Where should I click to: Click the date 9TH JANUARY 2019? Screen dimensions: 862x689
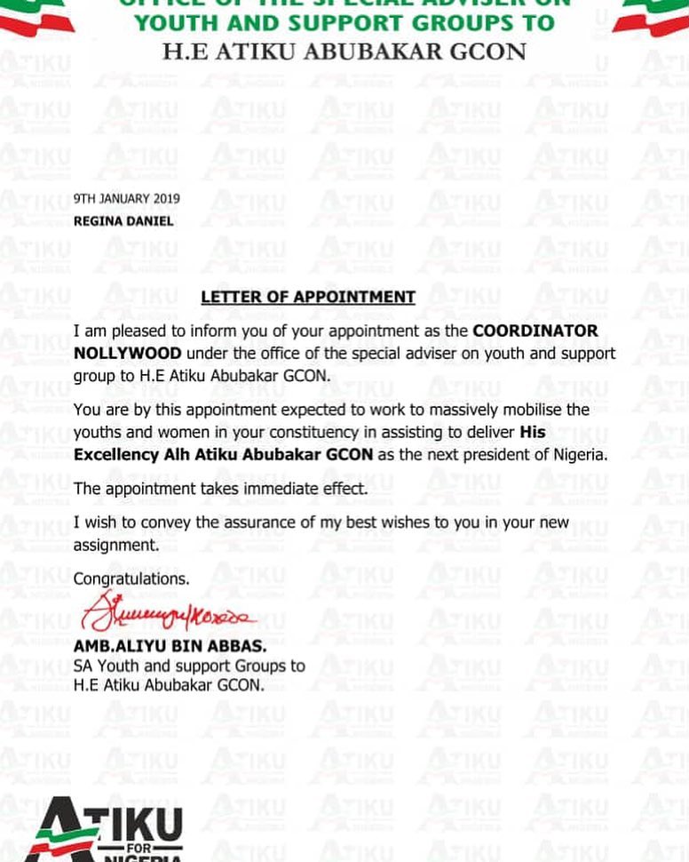click(x=126, y=199)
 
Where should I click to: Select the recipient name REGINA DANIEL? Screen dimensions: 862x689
click(x=123, y=221)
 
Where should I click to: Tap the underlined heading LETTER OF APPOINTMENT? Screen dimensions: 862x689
click(x=308, y=297)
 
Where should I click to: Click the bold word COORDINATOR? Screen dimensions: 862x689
click(x=535, y=331)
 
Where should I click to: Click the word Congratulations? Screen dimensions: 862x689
click(x=131, y=579)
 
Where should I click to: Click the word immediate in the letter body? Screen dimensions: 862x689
click(x=285, y=489)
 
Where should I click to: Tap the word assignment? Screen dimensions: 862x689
click(x=116, y=545)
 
